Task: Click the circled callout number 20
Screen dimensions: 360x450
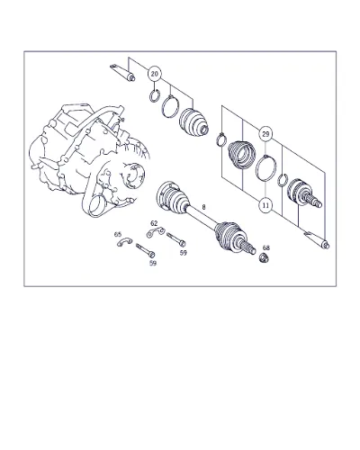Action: [154, 74]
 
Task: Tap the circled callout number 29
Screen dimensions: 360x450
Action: [265, 134]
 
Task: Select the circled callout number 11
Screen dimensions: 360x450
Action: [265, 205]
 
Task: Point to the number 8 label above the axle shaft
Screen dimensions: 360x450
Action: [204, 207]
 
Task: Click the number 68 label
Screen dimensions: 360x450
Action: [266, 247]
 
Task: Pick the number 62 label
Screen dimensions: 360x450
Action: [154, 223]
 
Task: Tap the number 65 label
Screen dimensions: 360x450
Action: [118, 234]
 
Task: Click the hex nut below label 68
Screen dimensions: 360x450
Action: [264, 257]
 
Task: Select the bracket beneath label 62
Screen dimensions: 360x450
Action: [156, 232]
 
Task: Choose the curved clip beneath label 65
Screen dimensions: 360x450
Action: [124, 241]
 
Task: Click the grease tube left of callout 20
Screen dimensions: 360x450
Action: [122, 73]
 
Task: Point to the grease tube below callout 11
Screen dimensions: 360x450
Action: [317, 240]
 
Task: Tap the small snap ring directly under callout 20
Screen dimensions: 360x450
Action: [155, 95]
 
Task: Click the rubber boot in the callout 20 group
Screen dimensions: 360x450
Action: [193, 123]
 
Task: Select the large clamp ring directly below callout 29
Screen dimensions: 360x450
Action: [265, 168]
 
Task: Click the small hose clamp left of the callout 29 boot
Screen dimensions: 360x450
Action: [220, 139]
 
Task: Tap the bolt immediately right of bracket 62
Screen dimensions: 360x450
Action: [175, 239]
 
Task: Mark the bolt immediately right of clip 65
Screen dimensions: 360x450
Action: [146, 250]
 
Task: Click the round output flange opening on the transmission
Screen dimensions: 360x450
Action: [134, 176]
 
